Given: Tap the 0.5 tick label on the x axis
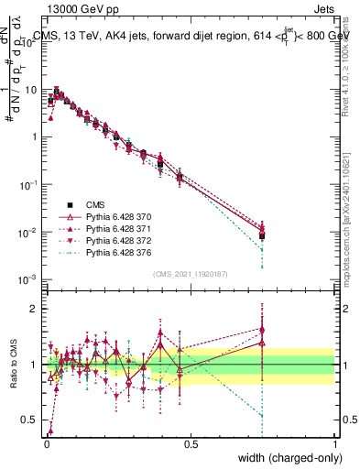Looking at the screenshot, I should click(x=191, y=443).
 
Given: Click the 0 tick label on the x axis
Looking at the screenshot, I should click(x=46, y=443).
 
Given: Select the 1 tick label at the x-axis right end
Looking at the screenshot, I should click(x=334, y=443).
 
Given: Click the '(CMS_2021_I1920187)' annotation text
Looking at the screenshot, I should click(x=189, y=273).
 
